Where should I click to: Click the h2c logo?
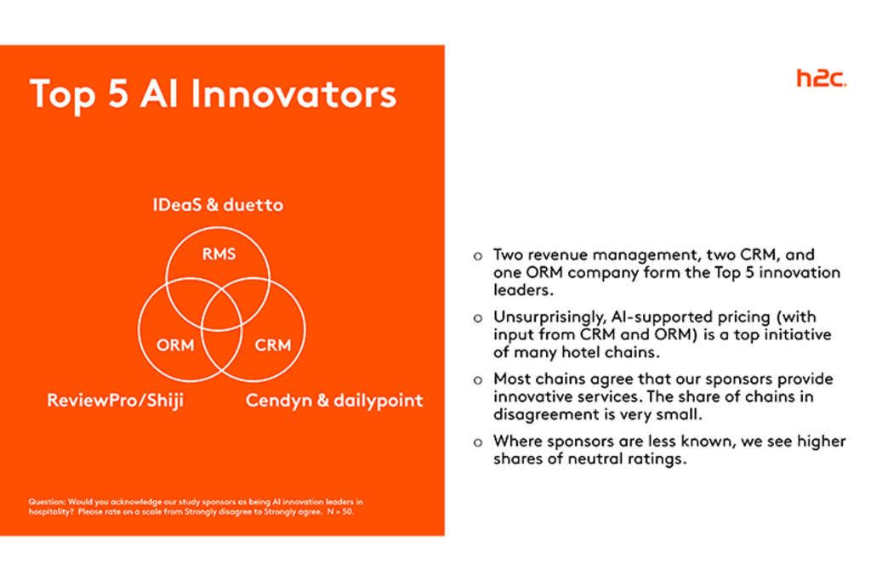coord(821,78)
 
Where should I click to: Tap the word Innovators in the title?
coord(293,94)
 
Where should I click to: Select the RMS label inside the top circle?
coord(217,253)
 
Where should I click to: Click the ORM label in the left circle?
coord(175,345)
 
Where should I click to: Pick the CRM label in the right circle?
coord(272,345)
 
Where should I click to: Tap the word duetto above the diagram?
coord(253,205)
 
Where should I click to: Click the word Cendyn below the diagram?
coord(278,400)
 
